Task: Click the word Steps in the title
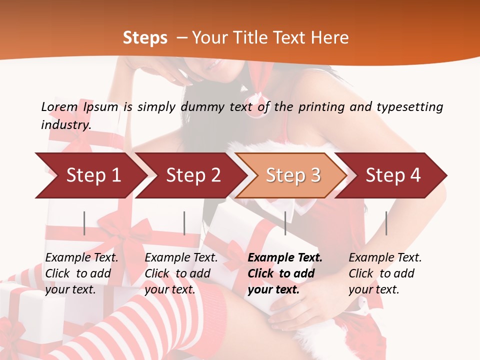pos(145,38)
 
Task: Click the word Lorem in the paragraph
pos(59,106)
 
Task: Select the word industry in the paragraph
pos(65,124)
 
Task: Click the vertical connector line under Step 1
pos(84,223)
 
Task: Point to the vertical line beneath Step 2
pos(184,223)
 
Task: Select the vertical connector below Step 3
pos(285,223)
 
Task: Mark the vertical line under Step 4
pos(386,223)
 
